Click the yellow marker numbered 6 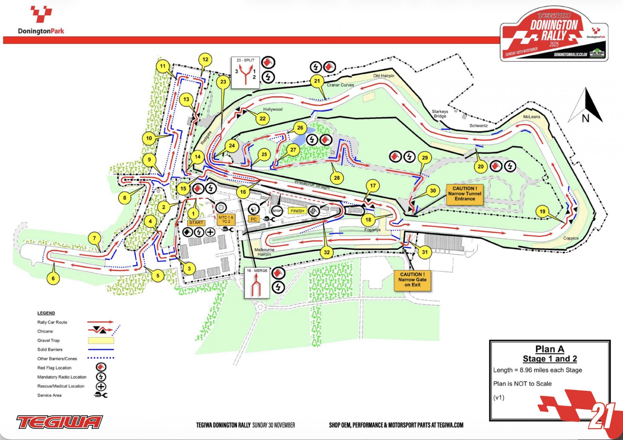[x=53, y=279]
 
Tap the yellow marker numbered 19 [x=542, y=211]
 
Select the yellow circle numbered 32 [x=327, y=252]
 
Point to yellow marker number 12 [x=205, y=59]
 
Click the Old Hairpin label [x=384, y=76]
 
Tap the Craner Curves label [x=340, y=85]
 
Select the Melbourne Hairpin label [x=264, y=252]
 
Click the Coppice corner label [x=571, y=238]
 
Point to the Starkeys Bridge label [x=440, y=114]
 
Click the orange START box [x=196, y=222]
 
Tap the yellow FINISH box [x=297, y=211]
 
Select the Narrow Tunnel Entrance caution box [x=465, y=194]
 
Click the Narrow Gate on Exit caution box [x=412, y=280]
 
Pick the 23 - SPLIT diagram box [x=246, y=73]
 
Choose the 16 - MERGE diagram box [x=257, y=283]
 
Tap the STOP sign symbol [x=277, y=211]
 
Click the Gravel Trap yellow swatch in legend [x=101, y=341]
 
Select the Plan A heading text [x=550, y=349]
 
